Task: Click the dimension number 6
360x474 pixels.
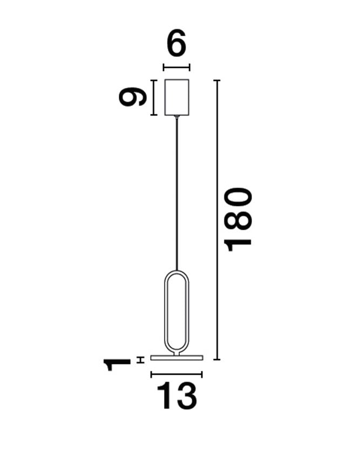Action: click(176, 44)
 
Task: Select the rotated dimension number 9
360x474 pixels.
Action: click(133, 97)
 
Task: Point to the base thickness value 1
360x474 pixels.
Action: click(118, 365)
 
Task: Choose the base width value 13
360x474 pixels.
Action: click(176, 397)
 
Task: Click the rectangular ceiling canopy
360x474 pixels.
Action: click(176, 97)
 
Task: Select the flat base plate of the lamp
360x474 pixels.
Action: click(176, 357)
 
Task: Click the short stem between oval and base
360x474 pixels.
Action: click(176, 352)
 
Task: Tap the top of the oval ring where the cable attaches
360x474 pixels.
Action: click(176, 270)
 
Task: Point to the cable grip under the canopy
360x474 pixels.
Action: click(176, 116)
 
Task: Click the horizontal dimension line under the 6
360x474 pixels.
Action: click(176, 67)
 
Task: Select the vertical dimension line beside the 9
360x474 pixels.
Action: click(154, 97)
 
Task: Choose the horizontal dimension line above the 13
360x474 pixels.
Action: click(176, 374)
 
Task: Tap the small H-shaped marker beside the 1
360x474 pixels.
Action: click(140, 360)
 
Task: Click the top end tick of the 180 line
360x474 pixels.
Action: click(217, 80)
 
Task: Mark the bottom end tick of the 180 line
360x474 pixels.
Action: click(217, 359)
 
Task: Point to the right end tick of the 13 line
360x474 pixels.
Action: click(202, 374)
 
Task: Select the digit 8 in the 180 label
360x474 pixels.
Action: click(238, 219)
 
